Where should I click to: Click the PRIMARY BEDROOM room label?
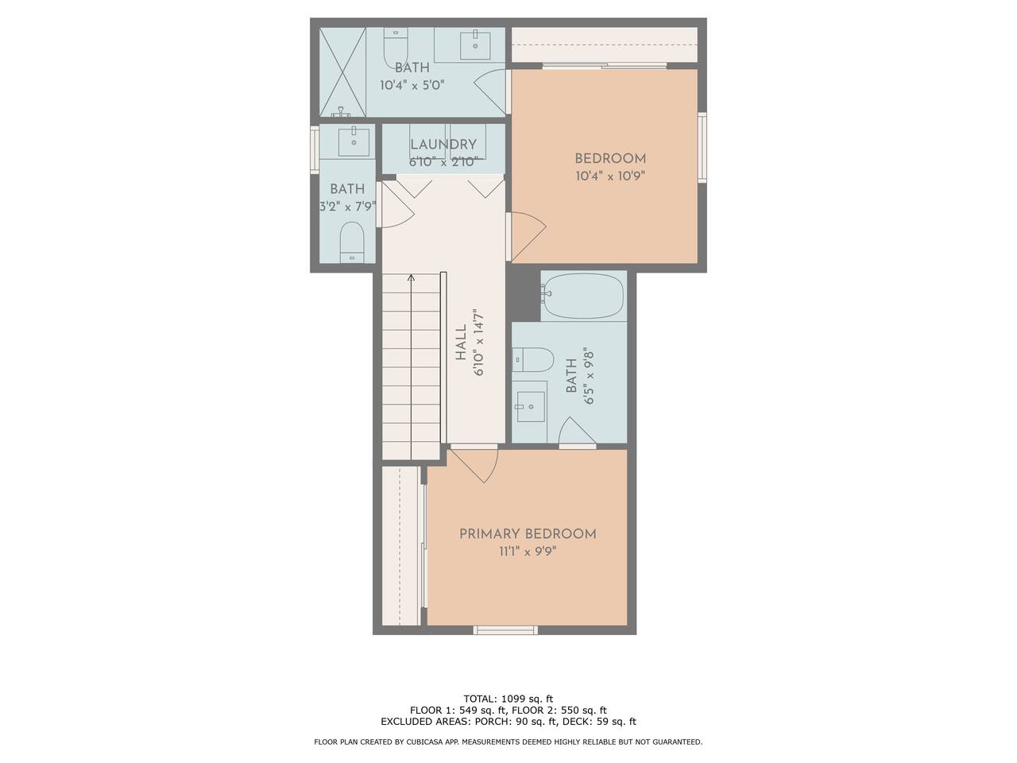(x=528, y=534)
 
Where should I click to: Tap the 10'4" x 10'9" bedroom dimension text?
(x=610, y=176)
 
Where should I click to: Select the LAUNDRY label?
(x=443, y=145)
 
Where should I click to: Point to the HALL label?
(x=461, y=343)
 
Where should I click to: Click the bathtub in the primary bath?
(x=583, y=296)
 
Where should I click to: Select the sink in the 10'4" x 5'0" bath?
(x=475, y=45)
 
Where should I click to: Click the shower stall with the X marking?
(x=342, y=72)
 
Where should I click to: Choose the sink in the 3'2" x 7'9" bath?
(x=354, y=141)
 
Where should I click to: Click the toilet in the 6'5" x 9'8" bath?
(x=533, y=359)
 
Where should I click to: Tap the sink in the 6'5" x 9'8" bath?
(x=531, y=406)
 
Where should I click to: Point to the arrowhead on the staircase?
(x=411, y=277)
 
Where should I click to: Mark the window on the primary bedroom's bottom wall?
(x=505, y=630)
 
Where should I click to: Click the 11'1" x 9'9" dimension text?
(x=528, y=552)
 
